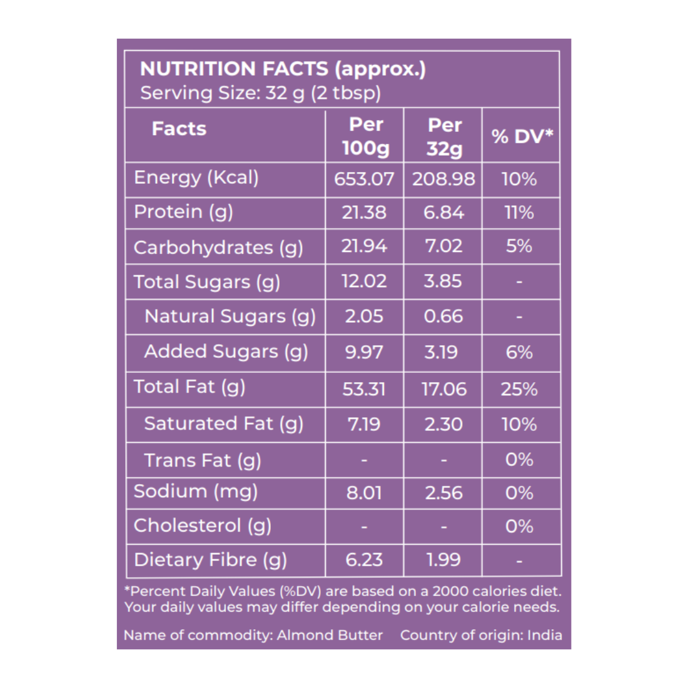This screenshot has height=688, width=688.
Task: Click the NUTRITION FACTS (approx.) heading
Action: coord(283,69)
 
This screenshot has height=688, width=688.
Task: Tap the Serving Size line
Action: coord(260,93)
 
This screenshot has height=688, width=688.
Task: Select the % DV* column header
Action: coord(522,136)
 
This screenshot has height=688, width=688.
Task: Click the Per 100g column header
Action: coord(365,136)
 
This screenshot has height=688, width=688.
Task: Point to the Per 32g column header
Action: coord(444,137)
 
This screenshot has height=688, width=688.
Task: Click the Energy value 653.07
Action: coord(364,179)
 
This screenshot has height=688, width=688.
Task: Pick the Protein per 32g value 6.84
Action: coord(443,213)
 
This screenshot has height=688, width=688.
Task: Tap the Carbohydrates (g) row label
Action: coord(218,248)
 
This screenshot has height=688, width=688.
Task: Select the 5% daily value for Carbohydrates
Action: coord(519,246)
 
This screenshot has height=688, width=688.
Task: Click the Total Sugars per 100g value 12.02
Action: coord(364,281)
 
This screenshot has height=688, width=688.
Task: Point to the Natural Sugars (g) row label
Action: coord(230,316)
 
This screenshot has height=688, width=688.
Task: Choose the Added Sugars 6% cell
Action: coord(519,352)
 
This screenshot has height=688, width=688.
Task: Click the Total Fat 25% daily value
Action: coord(519,389)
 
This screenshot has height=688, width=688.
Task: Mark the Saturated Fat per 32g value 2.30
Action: coord(443,424)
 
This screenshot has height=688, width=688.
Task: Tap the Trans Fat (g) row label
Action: coord(202,460)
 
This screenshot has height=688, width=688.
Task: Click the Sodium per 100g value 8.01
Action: coord(364,493)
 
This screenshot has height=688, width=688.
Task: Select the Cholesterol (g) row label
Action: coord(202,525)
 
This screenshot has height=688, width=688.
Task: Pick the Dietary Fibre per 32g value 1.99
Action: coord(443,559)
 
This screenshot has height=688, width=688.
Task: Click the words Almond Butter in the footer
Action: coord(330,635)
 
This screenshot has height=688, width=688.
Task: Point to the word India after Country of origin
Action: coord(544,635)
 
